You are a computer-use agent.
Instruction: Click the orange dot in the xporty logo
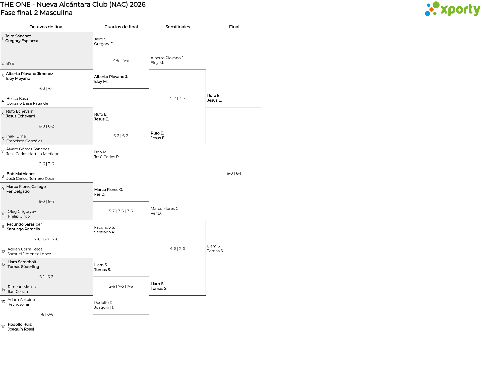click(x=431, y=10)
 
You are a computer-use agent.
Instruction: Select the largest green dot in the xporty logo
click(x=436, y=5)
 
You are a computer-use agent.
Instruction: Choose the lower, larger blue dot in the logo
click(x=427, y=14)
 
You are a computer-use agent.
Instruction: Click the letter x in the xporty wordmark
click(x=444, y=10)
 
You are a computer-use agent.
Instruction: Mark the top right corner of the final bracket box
click(x=262, y=107)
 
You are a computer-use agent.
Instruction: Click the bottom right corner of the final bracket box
click(x=262, y=258)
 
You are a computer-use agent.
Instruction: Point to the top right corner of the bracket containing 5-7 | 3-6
click(x=206, y=70)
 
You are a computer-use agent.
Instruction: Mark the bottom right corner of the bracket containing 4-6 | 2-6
click(x=206, y=295)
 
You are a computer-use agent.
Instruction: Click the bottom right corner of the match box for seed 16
click(x=93, y=333)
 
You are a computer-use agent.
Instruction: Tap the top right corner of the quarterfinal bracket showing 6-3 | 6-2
click(x=149, y=126)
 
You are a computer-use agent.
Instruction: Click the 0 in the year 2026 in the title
click(x=136, y=5)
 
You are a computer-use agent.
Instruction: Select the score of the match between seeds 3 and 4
click(x=46, y=89)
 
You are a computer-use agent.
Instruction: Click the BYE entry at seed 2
click(x=10, y=63)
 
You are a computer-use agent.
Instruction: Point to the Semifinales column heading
click(x=177, y=27)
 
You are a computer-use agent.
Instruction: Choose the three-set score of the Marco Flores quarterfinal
click(x=121, y=211)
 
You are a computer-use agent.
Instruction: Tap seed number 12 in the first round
click(x=3, y=252)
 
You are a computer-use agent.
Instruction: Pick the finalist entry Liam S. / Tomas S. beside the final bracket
click(x=215, y=248)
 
